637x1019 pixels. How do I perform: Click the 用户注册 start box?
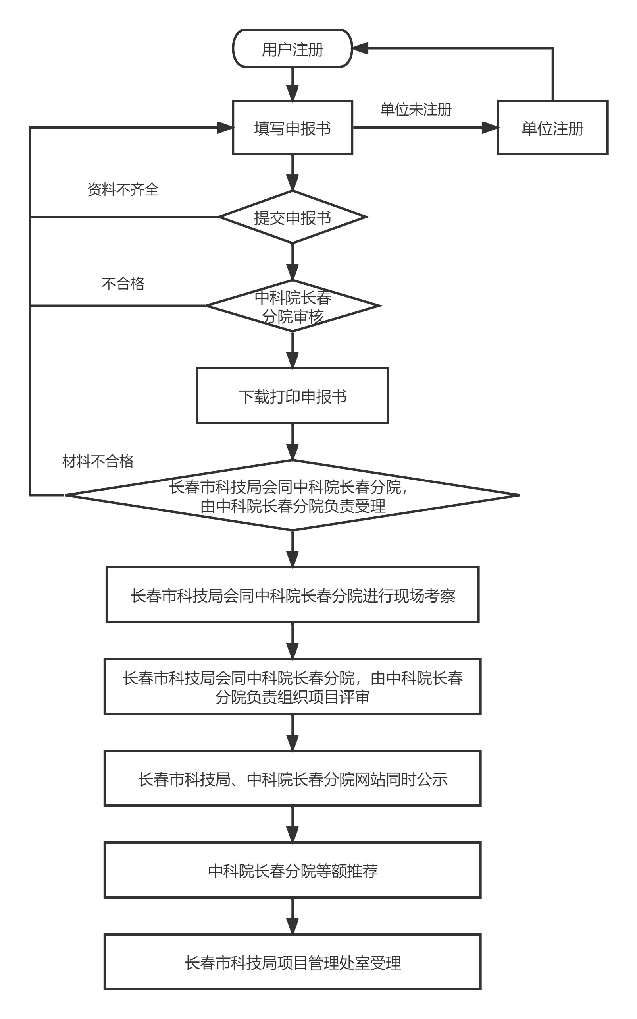point(293,48)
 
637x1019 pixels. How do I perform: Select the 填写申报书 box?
point(293,128)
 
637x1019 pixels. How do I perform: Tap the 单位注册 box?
point(552,128)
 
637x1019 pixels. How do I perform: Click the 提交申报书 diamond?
point(293,217)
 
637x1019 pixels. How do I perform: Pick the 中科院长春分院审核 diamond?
point(293,306)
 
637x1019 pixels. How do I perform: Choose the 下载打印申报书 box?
point(293,395)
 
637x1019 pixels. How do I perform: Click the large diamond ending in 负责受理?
point(293,495)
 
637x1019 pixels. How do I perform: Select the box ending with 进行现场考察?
point(293,595)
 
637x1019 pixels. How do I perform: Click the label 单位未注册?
point(416,110)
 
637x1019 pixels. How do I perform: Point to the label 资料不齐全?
point(123,189)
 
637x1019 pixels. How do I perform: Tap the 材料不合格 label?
point(98,461)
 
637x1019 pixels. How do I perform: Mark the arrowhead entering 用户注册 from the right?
point(360,48)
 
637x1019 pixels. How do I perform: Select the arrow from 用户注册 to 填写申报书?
point(293,84)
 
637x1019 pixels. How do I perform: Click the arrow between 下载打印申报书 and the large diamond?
point(293,442)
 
